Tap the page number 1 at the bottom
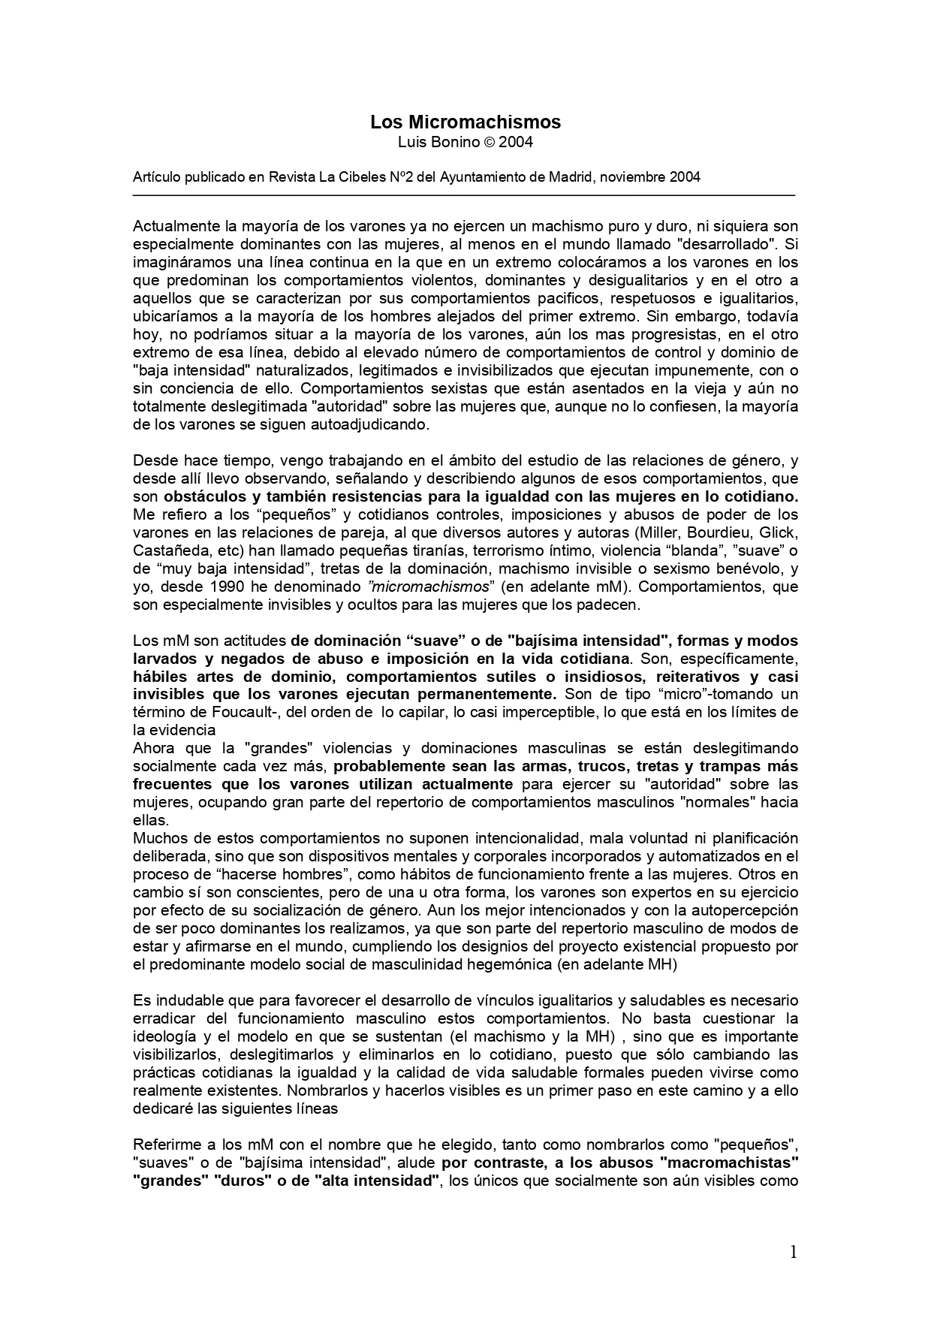point(793,1252)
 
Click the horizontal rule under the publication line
point(463,195)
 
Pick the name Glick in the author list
point(779,532)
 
